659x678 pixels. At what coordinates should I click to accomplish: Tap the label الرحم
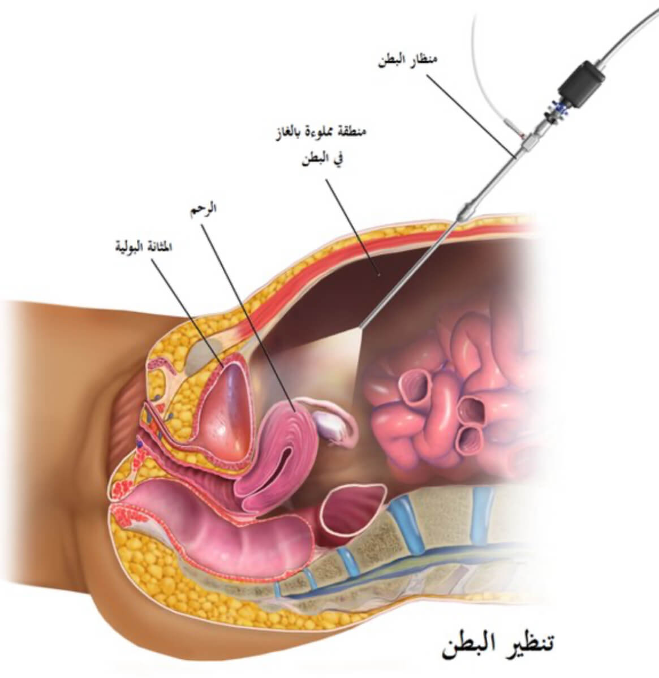[203, 209]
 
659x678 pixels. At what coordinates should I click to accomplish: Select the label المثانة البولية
[140, 247]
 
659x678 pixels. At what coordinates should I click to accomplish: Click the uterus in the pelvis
[283, 447]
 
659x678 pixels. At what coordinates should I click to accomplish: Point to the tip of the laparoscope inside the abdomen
[362, 326]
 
